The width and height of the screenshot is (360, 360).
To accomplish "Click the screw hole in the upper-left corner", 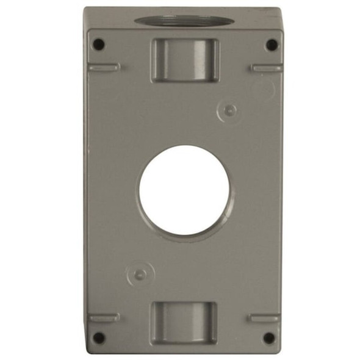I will tap(98, 44).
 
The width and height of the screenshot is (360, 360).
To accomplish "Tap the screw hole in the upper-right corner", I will tap(270, 44).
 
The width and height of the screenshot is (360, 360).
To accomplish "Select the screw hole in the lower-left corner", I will tap(98, 336).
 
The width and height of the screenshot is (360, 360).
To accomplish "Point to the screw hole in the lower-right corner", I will tap(268, 337).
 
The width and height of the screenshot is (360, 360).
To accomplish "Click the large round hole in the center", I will tap(184, 190).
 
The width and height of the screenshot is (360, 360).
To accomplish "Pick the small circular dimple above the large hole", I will tap(229, 110).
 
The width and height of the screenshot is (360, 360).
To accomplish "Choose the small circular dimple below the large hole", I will tap(139, 274).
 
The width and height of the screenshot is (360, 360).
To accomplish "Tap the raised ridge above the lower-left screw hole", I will tap(103, 318).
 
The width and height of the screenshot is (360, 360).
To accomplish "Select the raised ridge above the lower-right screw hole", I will tap(264, 318).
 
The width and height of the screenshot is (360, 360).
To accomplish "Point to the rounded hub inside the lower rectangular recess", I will tap(183, 320).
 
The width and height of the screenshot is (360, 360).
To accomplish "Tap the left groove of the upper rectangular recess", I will tap(157, 60).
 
